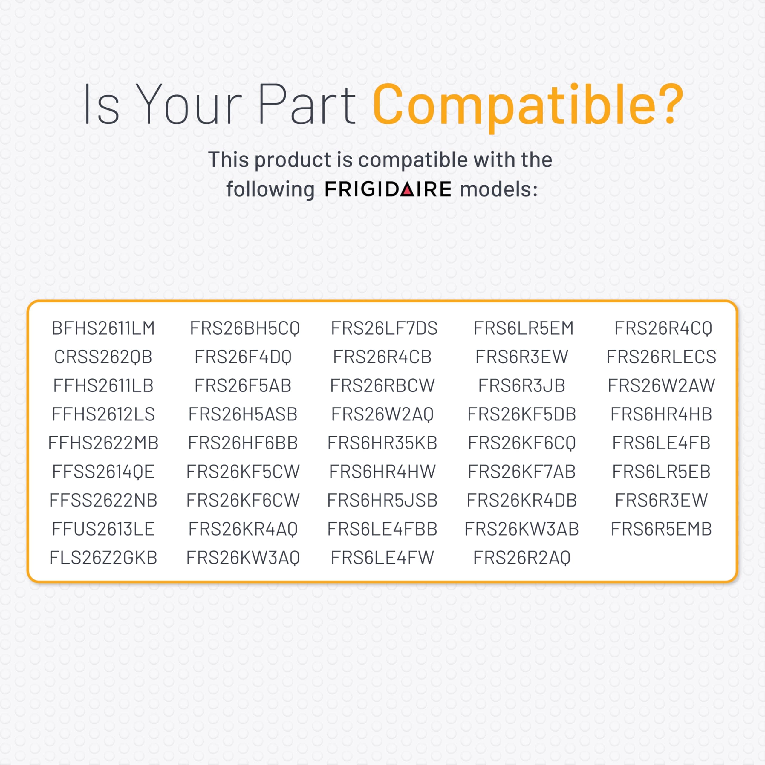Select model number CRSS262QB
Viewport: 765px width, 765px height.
point(103,357)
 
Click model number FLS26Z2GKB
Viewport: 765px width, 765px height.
point(103,558)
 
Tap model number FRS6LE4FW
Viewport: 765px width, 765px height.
point(382,558)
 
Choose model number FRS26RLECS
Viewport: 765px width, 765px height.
point(661,357)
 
